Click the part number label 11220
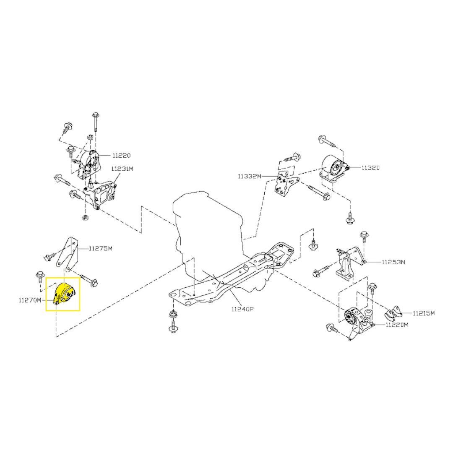coord(121,156)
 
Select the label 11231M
coord(122,169)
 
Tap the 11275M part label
coord(101,248)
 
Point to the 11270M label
coord(30,300)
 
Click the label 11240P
coord(242,310)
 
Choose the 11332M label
coord(250,176)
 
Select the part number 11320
coord(371,168)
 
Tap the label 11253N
coord(393,262)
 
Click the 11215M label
coord(424,313)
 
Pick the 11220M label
coord(397,325)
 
